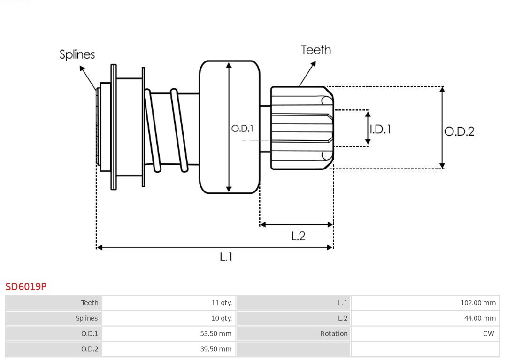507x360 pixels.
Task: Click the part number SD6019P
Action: click(26, 286)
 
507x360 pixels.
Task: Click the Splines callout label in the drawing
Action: click(77, 54)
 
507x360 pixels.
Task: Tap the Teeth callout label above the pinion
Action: click(316, 50)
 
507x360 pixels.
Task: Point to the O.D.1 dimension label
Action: click(242, 128)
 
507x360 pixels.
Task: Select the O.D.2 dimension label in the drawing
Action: click(459, 131)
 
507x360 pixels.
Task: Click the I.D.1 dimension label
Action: click(380, 129)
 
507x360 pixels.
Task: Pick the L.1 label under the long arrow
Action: click(226, 257)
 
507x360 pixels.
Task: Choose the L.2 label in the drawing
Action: click(298, 236)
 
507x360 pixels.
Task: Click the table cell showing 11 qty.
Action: click(222, 303)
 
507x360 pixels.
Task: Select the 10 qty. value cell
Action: click(222, 318)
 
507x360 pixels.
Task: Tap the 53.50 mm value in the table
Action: click(216, 334)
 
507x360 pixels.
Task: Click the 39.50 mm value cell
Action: click(216, 349)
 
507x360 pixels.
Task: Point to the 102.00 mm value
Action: click(478, 303)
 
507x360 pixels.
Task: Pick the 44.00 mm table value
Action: click(480, 318)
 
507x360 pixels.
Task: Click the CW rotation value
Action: click(488, 334)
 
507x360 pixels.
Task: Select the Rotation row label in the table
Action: click(334, 334)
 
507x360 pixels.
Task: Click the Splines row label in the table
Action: click(87, 318)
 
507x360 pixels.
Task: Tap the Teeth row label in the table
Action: click(90, 303)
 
